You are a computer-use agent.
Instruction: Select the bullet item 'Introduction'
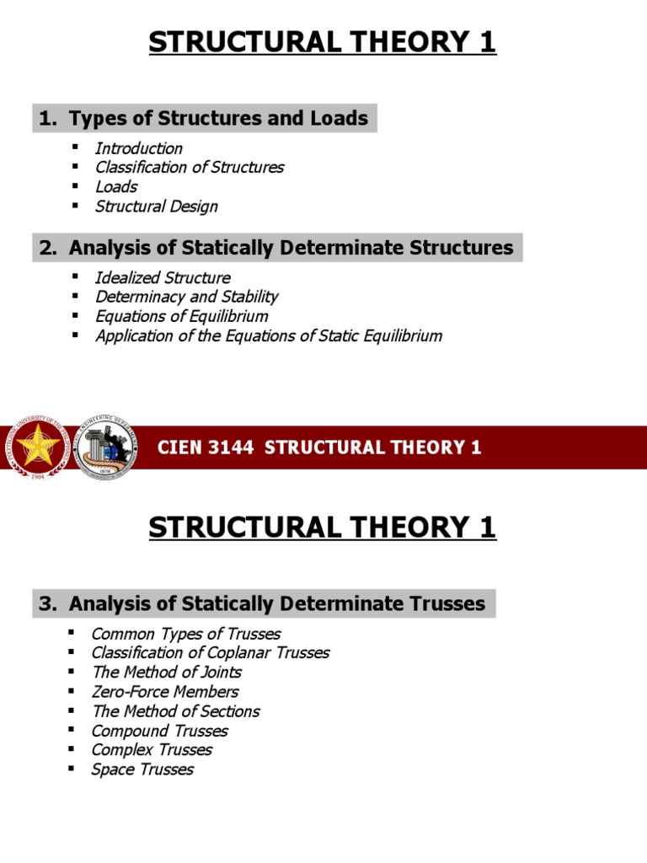[138, 148]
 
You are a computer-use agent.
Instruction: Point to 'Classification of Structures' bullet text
[189, 168]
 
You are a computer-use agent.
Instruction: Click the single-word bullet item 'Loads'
[115, 187]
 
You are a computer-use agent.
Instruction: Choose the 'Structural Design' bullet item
[156, 206]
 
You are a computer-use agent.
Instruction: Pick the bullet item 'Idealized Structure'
[162, 278]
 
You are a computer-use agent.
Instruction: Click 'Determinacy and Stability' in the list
[186, 297]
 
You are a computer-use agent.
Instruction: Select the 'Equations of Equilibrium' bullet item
[181, 317]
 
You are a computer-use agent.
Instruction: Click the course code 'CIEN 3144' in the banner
[206, 448]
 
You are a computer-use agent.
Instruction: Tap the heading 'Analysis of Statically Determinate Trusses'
[276, 604]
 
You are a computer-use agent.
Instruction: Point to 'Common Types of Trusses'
[185, 634]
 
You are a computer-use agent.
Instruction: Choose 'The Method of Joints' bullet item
[166, 673]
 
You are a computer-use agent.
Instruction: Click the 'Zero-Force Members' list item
[164, 692]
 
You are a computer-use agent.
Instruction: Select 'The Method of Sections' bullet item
[175, 711]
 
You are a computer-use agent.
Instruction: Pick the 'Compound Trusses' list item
[159, 731]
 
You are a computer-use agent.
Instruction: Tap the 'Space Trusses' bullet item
[142, 769]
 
